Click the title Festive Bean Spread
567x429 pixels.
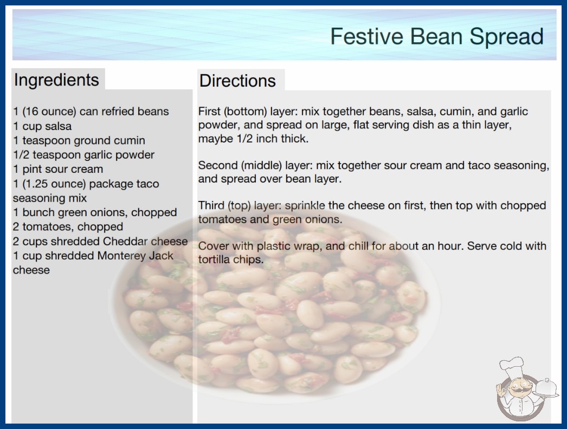[x=437, y=36]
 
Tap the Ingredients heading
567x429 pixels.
[x=56, y=80]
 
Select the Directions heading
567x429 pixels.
[x=237, y=81]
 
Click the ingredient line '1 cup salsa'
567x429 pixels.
[x=42, y=126]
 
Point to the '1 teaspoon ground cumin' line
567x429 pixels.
[x=79, y=140]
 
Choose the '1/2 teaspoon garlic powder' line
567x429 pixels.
[x=83, y=155]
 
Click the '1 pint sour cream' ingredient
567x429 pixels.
[x=58, y=169]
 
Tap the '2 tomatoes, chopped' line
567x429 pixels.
[x=68, y=226]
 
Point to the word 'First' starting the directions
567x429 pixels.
[x=209, y=112]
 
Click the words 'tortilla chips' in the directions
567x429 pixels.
[x=231, y=259]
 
